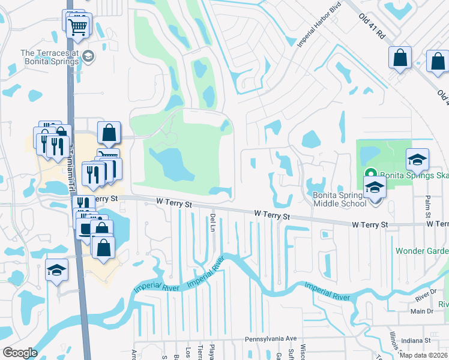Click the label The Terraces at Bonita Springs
pyautogui.click(x=50, y=57)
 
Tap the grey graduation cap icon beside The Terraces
pyautogui.click(x=89, y=57)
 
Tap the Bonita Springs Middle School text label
pyautogui.click(x=340, y=199)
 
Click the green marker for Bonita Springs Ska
pyautogui.click(x=371, y=175)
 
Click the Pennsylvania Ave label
pyautogui.click(x=271, y=339)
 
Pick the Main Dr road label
pyautogui.click(x=422, y=311)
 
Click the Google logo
pyautogui.click(x=20, y=353)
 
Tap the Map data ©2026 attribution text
pyautogui.click(x=423, y=355)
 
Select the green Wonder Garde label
pyautogui.click(x=421, y=251)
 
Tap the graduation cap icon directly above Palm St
pyautogui.click(x=417, y=159)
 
